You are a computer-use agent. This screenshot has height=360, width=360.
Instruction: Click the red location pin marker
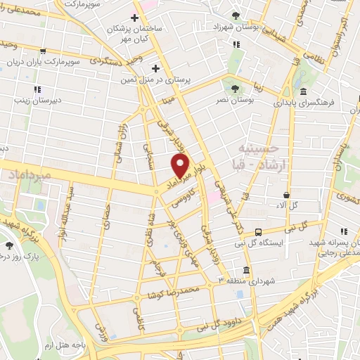coord(181,166)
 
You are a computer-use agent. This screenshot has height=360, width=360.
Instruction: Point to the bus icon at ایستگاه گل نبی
coord(259,232)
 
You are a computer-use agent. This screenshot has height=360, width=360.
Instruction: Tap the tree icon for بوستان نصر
coord(235,89)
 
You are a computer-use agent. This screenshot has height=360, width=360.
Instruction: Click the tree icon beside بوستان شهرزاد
coord(235,15)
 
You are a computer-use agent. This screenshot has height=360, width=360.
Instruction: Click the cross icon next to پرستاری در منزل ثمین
coord(155,68)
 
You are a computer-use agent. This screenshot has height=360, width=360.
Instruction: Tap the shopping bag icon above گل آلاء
coord(286,195)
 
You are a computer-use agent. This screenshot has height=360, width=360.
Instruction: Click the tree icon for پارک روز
coord(9,245)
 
